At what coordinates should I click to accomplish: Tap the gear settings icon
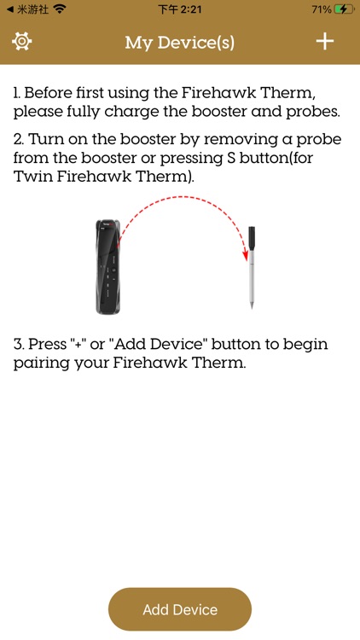coord(21,41)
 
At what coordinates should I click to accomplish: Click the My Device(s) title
coord(179,42)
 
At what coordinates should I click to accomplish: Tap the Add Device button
coord(180,609)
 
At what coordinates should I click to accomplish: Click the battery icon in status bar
coord(342,9)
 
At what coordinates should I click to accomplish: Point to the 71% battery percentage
coord(321,9)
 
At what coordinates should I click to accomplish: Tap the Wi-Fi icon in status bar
coord(59,9)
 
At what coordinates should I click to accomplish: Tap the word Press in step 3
coord(49,344)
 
